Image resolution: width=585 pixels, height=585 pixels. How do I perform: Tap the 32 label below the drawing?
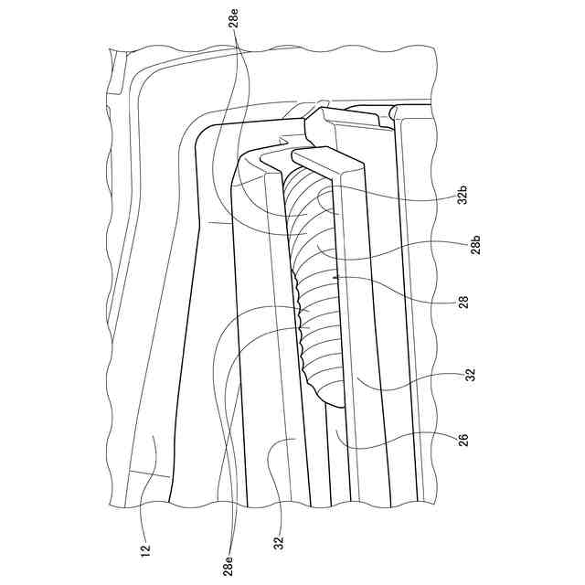coord(278,543)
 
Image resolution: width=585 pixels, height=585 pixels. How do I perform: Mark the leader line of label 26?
coord(393,441)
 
